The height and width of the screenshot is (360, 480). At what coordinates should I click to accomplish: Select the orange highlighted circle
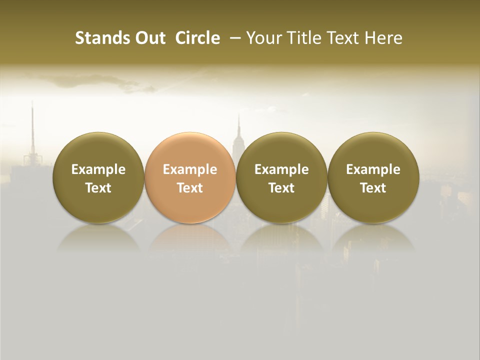coord(190,177)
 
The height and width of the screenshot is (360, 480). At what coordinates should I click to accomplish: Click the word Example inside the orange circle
coord(190,169)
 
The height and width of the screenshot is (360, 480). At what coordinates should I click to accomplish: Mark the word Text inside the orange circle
coord(190,188)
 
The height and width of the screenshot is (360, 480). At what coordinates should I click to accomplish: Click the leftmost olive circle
coord(98,177)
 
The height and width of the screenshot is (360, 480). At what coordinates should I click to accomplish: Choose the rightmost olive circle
coord(373,177)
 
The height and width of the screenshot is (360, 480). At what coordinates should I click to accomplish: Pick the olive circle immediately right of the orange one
coord(281,177)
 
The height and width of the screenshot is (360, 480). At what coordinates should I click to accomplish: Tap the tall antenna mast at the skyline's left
coord(32,125)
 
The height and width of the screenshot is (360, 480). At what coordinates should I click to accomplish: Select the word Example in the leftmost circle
coord(98,169)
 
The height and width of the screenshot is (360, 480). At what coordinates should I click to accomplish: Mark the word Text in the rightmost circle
coord(373,188)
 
